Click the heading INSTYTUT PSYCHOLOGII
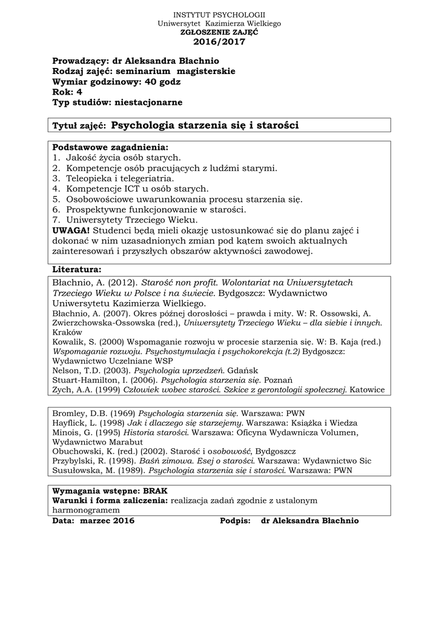click(219, 15)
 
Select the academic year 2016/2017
click(219, 42)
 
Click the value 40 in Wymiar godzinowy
click(153, 82)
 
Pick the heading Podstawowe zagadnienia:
click(110, 147)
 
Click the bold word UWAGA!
click(71, 230)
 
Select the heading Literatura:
click(77, 269)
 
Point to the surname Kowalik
click(68, 341)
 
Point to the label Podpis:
click(235, 520)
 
